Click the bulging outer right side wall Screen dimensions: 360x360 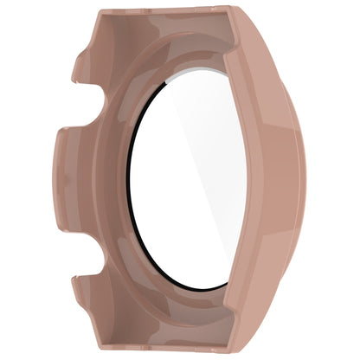[286, 182]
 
